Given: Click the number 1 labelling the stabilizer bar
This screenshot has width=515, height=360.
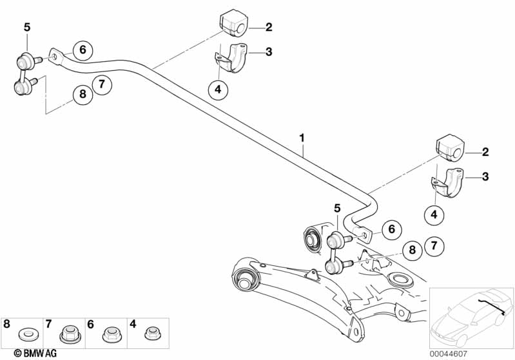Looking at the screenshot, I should point(301,138).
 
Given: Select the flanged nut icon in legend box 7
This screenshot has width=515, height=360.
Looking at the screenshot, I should point(68,334).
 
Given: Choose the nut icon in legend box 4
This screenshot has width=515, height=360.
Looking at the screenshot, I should point(151,334).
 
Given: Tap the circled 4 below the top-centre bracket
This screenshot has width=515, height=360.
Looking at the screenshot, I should point(218,90).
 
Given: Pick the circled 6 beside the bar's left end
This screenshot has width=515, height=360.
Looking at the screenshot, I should point(82,49).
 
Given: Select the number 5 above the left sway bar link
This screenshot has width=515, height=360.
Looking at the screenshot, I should point(26,26).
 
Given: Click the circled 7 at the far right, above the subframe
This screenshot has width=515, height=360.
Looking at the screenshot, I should point(434,245).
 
